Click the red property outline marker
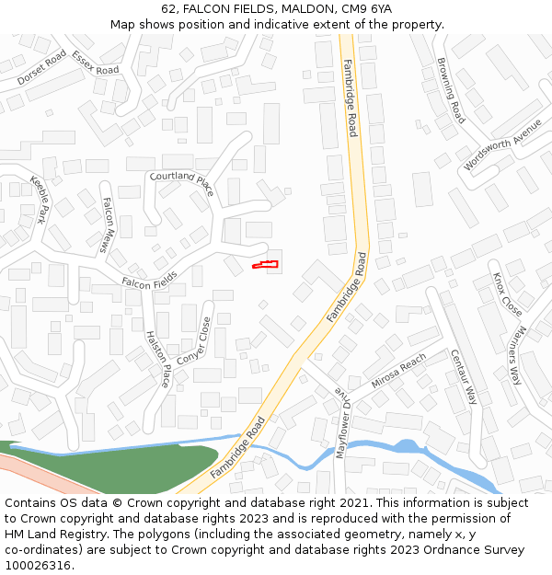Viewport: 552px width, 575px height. (266, 265)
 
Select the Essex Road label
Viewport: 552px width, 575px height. (96, 63)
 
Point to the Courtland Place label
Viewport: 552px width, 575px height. (181, 182)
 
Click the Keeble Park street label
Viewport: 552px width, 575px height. (38, 200)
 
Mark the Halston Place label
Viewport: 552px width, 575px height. (158, 359)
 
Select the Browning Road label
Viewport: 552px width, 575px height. (451, 90)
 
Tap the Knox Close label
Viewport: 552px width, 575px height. (507, 294)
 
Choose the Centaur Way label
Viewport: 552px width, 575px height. (465, 376)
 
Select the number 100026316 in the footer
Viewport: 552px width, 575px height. (38, 565)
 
